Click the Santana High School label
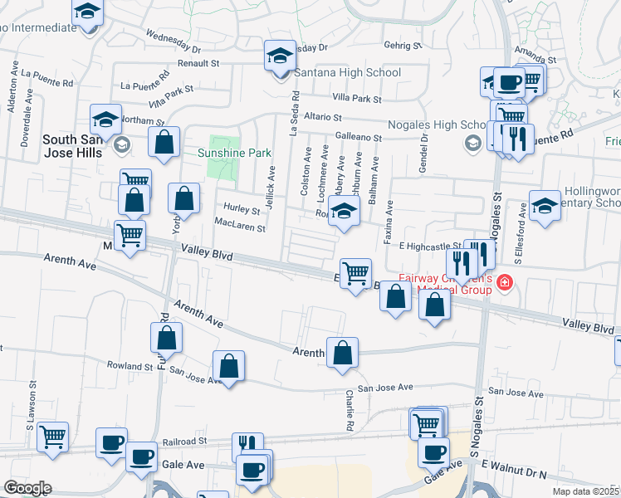348,73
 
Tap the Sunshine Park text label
235,153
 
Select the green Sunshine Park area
222,158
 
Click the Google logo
27,488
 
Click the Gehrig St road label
403,46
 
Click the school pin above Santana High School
281,56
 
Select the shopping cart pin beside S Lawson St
52,437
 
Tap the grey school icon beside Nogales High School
472,144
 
